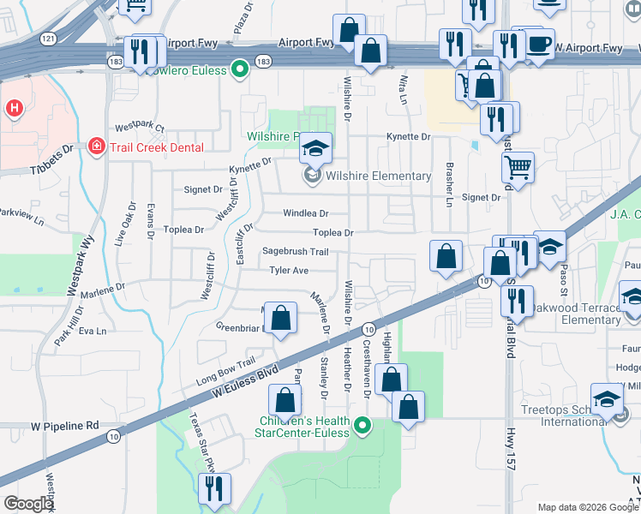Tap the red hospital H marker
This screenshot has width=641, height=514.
14,109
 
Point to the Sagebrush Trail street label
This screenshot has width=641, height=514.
295,252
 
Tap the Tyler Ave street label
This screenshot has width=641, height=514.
289,271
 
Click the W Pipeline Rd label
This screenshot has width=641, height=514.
65,425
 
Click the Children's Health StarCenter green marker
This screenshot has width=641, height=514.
362,425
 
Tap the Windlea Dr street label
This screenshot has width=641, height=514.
306,212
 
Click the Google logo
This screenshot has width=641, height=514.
27,505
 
